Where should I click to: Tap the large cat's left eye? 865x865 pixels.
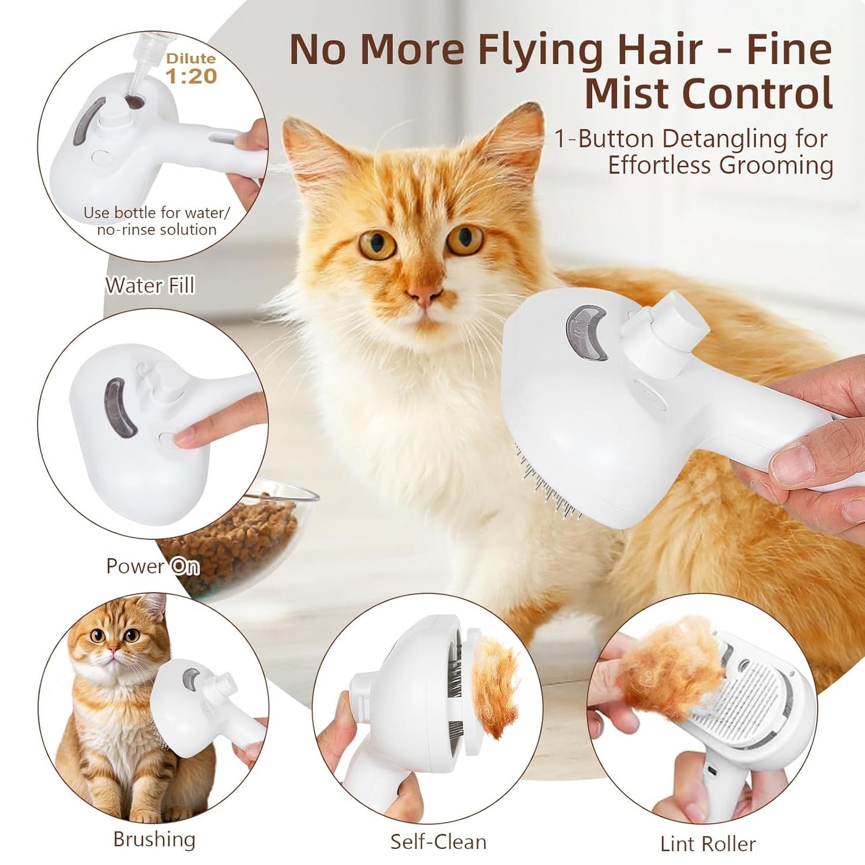point(377,244)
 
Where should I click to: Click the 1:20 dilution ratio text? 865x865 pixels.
point(191,76)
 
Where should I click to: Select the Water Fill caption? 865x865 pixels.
point(150,286)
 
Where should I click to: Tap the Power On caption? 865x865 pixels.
point(153,566)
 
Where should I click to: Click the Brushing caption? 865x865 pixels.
point(154,839)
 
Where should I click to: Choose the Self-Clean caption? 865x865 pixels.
point(438,842)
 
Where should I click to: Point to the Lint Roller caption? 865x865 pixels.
point(708,843)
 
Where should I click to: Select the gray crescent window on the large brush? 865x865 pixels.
point(587,332)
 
